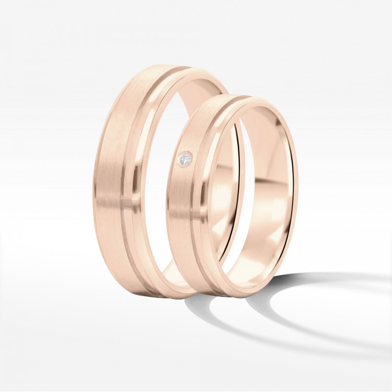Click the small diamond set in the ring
[186, 159]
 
